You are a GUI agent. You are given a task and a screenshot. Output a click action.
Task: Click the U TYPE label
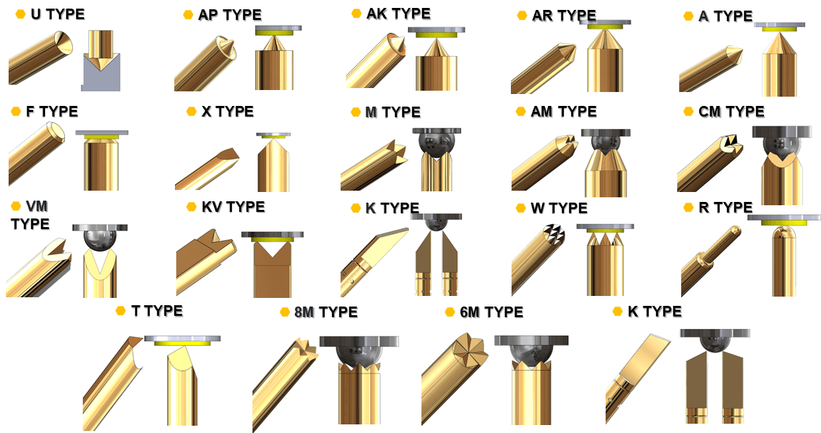coord(58,15)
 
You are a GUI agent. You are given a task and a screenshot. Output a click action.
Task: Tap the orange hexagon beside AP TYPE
coord(188,15)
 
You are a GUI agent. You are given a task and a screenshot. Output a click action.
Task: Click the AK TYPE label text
coord(398,13)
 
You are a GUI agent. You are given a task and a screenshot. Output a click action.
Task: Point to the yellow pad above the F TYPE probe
coord(101,137)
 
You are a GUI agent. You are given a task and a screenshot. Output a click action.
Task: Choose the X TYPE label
coord(227,111)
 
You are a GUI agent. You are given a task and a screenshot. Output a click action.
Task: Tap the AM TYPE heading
coord(563,111)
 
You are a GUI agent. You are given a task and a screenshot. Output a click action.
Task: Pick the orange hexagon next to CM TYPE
coord(688,111)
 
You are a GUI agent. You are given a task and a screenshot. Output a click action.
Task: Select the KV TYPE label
coord(233,207)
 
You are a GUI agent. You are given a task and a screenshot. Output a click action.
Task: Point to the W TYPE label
coord(559,208)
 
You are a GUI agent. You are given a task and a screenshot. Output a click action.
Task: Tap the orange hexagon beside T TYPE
coord(120,311)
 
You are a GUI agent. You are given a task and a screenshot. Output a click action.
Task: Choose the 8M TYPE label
coord(326,312)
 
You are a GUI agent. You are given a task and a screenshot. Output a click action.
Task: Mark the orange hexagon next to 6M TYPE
coord(450,312)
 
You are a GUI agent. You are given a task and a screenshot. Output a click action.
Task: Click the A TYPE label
coord(726,16)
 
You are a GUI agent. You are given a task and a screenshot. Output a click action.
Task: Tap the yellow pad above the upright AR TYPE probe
coord(605,26)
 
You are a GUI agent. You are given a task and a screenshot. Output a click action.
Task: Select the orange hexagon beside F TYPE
coord(16,111)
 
